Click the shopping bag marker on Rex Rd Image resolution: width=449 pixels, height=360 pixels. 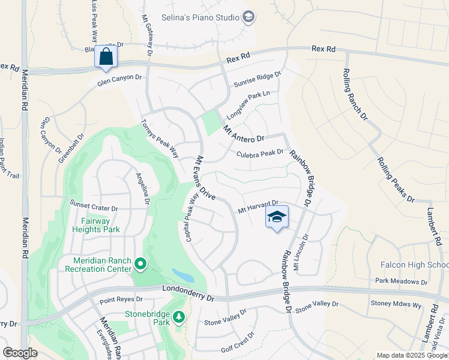tap(106, 57)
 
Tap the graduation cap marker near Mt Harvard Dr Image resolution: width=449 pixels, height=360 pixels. tap(276, 217)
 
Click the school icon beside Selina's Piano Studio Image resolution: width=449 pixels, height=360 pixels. tap(249, 17)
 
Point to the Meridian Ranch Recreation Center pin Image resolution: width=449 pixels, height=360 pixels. tap(140, 264)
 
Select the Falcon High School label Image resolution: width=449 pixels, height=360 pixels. tap(415, 265)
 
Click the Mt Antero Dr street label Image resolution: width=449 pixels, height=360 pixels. tap(243, 134)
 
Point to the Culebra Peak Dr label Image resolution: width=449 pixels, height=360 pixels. tap(260, 153)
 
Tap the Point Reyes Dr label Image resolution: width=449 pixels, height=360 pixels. tap(121, 299)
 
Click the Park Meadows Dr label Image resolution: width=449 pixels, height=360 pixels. tap(401, 281)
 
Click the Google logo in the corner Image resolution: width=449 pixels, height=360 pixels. tap(20, 353)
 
